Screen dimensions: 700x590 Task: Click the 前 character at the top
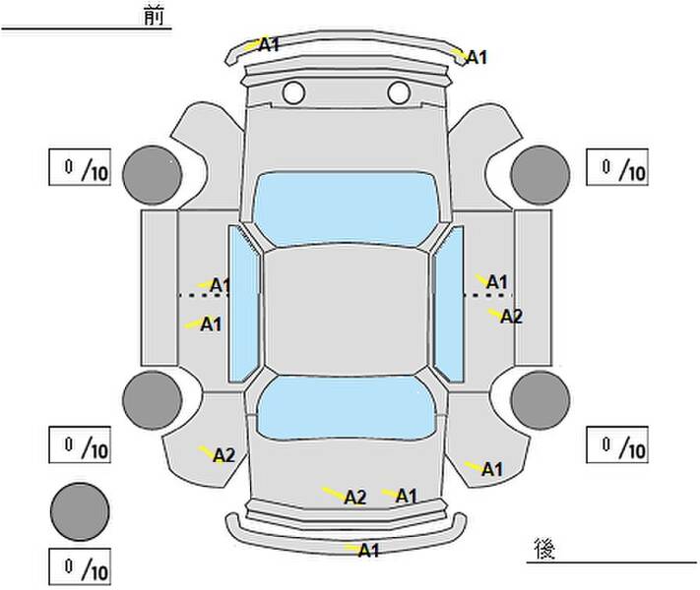(x=154, y=16)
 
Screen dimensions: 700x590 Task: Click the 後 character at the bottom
(x=544, y=549)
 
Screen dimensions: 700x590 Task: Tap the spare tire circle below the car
(x=80, y=511)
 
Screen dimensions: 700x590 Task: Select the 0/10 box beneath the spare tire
(x=80, y=566)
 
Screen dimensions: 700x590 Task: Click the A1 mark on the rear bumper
(x=369, y=551)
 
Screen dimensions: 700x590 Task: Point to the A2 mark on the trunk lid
(x=355, y=498)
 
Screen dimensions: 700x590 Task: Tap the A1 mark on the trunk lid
(x=407, y=496)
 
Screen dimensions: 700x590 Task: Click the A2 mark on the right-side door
(x=511, y=317)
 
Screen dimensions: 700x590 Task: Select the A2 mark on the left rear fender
(x=223, y=455)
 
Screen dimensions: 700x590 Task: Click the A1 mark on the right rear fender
(x=492, y=469)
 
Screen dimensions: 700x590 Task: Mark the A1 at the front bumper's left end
(x=269, y=44)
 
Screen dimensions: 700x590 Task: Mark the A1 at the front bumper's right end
(x=477, y=58)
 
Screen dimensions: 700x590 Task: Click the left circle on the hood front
(x=293, y=92)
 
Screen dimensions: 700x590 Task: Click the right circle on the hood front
(x=399, y=92)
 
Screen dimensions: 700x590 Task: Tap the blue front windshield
(x=346, y=208)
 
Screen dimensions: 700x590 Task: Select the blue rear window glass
(x=346, y=408)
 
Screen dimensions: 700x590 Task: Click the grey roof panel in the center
(x=346, y=310)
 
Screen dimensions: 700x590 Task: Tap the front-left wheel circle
(x=153, y=175)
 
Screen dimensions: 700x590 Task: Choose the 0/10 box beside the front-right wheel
(x=617, y=167)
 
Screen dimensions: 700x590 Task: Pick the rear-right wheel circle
(x=541, y=400)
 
